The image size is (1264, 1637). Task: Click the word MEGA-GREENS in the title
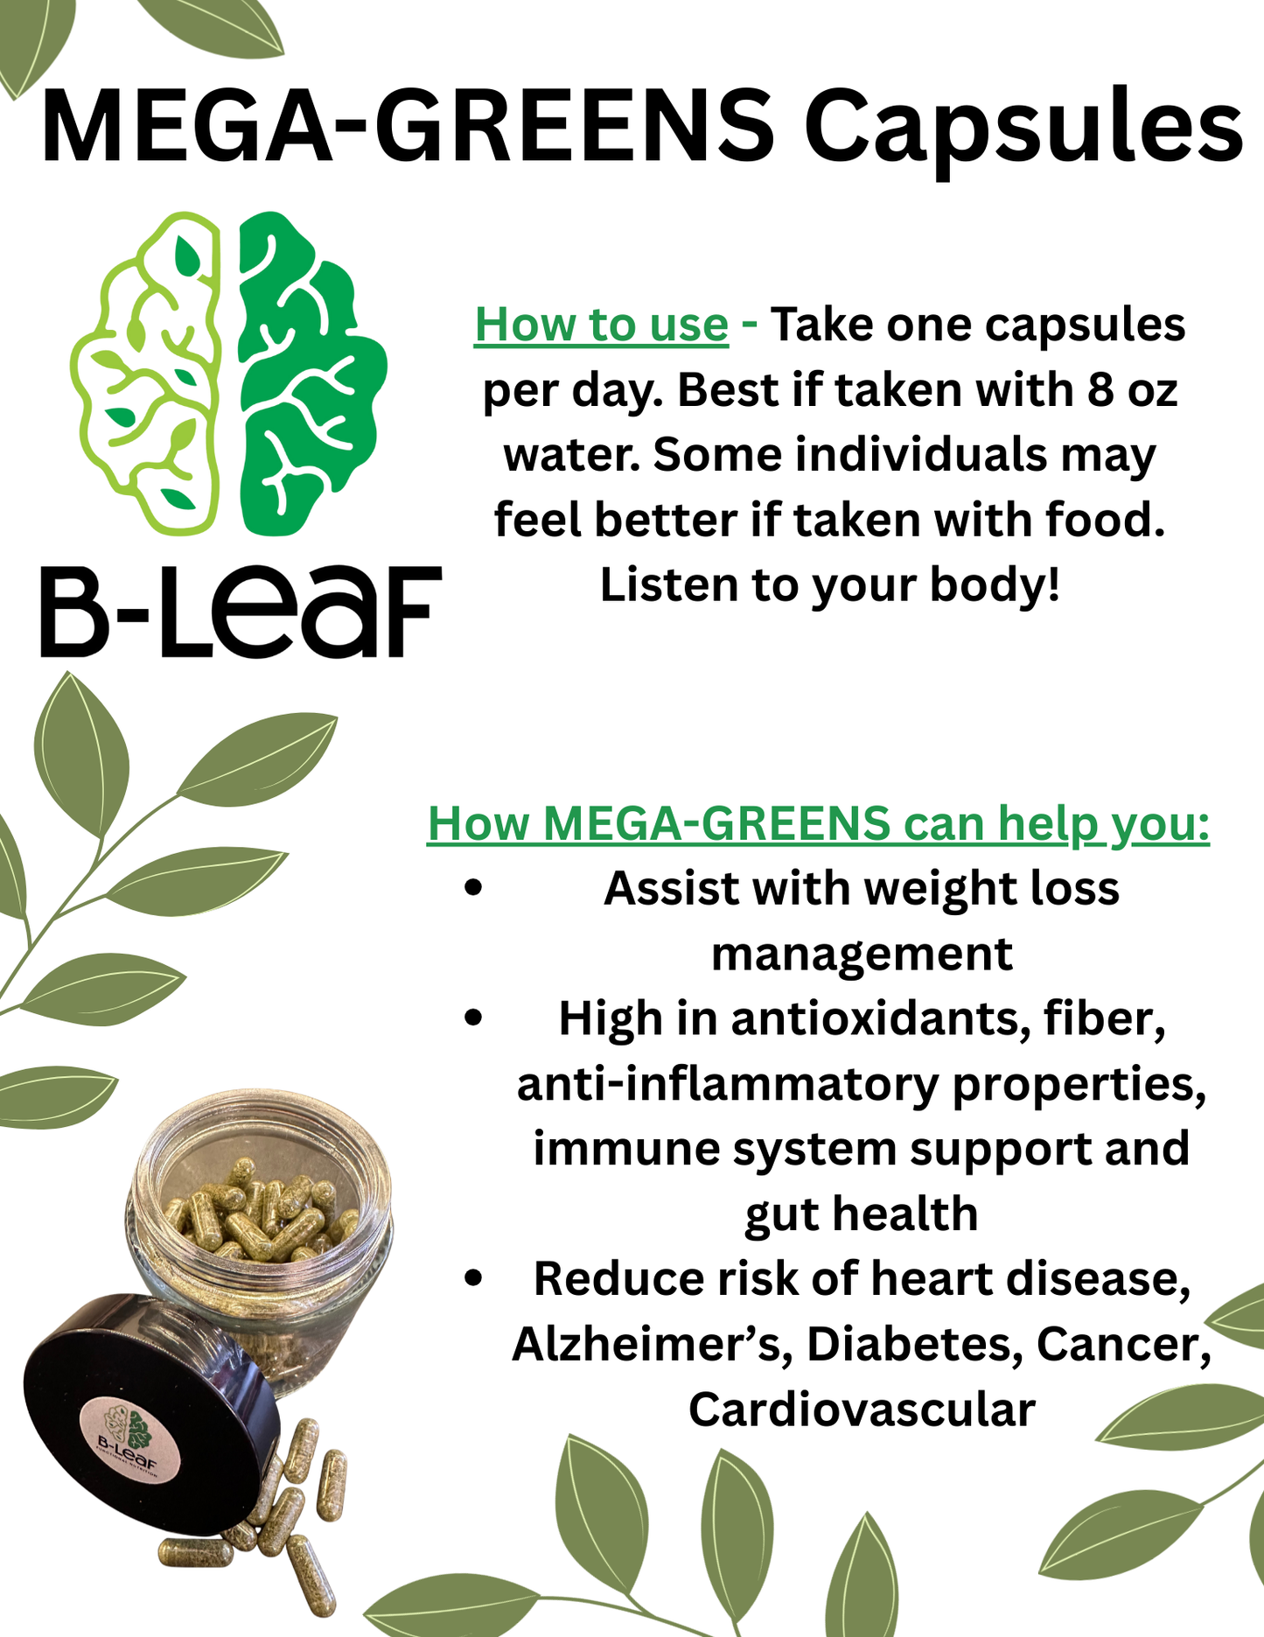[408, 127]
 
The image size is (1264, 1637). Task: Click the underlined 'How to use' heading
[601, 325]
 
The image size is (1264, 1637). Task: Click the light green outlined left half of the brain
[149, 376]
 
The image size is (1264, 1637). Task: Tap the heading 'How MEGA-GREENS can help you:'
[818, 823]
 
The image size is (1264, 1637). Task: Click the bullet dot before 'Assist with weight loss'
[474, 888]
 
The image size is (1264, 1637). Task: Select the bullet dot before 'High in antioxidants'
[474, 1018]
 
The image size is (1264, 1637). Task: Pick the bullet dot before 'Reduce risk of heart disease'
[474, 1278]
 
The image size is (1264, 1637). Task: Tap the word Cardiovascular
[862, 1410]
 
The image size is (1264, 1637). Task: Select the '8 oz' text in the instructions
[1134, 390]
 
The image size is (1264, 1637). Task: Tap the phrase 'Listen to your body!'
[830, 584]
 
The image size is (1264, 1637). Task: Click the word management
[862, 954]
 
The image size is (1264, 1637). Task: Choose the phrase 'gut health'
[862, 1214]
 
